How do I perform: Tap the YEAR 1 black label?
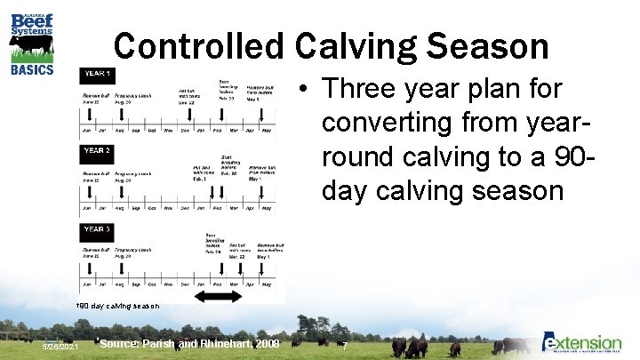[98, 72]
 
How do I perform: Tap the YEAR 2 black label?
[98, 151]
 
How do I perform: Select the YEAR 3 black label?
[98, 229]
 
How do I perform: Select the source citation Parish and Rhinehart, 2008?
[190, 343]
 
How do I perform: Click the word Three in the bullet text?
[362, 89]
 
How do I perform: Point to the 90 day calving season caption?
[119, 306]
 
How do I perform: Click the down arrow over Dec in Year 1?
[188, 111]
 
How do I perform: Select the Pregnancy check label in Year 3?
[132, 250]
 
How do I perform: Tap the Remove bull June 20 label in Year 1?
[96, 97]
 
